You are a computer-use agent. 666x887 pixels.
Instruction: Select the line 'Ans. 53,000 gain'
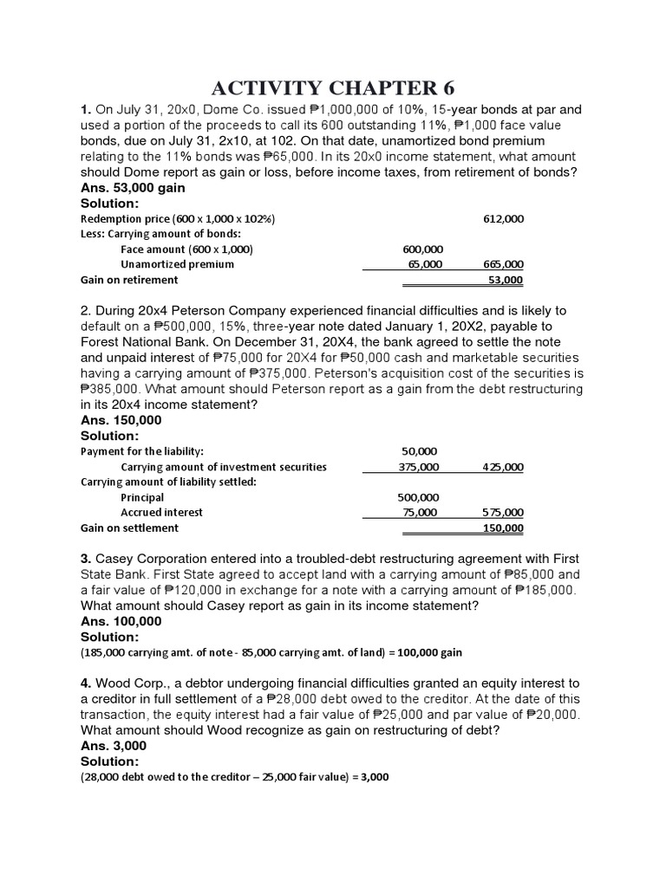click(x=135, y=187)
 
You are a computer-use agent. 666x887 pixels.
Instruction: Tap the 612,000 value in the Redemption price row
click(x=503, y=219)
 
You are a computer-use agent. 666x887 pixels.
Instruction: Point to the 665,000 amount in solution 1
click(x=503, y=264)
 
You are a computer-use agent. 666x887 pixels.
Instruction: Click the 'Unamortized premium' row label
click(x=177, y=264)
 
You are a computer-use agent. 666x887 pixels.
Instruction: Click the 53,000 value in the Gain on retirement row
click(x=506, y=280)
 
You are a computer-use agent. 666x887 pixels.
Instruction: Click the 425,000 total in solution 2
click(x=503, y=467)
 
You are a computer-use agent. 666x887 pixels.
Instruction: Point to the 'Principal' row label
click(x=142, y=497)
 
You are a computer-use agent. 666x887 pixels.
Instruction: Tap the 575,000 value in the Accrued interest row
click(x=503, y=512)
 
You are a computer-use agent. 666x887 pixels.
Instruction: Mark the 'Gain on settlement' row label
click(x=129, y=528)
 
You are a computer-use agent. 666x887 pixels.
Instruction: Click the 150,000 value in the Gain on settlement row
click(x=503, y=528)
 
